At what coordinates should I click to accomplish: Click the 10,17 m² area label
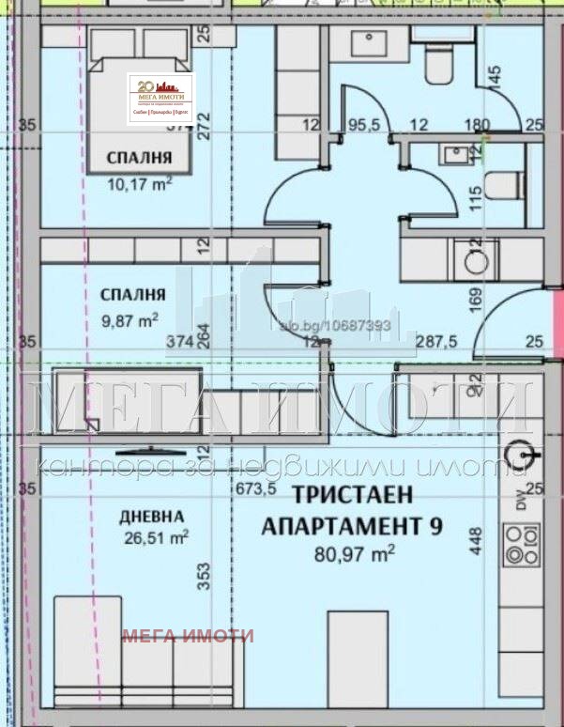click(137, 183)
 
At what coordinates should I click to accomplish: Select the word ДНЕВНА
click(151, 517)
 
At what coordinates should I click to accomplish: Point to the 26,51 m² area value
click(157, 537)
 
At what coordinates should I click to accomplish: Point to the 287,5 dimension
click(436, 342)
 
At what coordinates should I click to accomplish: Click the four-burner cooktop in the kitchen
click(522, 544)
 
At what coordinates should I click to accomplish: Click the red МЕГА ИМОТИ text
click(188, 636)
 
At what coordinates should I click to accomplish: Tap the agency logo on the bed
click(160, 98)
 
